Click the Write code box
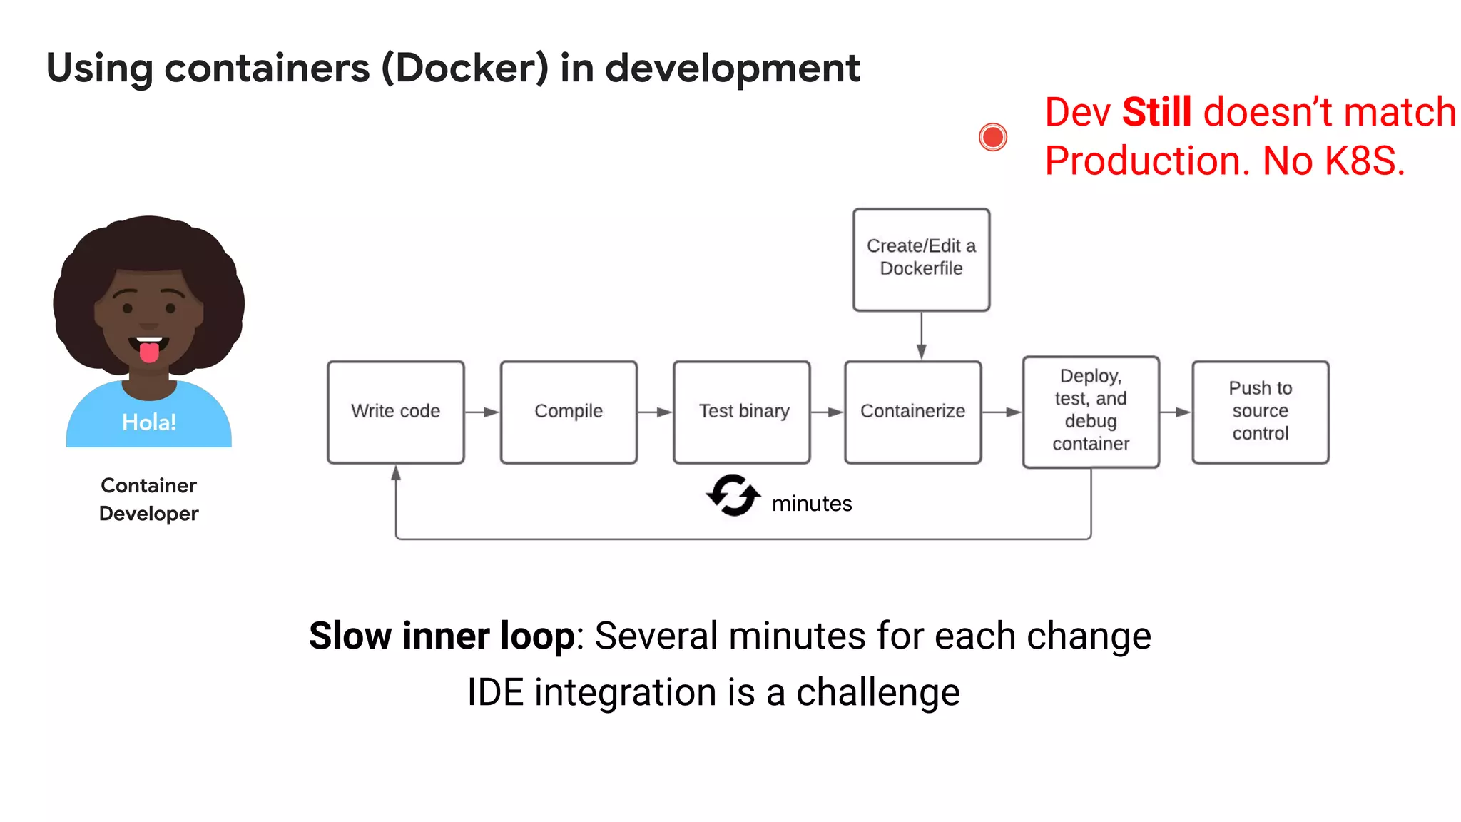coord(396,412)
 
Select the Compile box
coord(569,412)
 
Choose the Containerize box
coord(912,412)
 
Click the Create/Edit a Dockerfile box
coord(921,259)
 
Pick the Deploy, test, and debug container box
coord(1091,412)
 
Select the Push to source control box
coord(1260,412)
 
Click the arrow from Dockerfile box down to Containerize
coord(921,335)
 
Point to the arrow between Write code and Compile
coord(482,412)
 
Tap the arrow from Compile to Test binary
coord(655,412)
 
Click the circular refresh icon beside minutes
coord(733,495)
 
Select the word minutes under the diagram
coord(812,504)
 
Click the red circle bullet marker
coord(992,137)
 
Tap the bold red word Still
coord(1156,113)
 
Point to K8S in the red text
coord(1363,161)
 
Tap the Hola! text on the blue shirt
coord(148,422)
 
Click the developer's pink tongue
coord(148,352)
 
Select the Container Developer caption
coord(148,499)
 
